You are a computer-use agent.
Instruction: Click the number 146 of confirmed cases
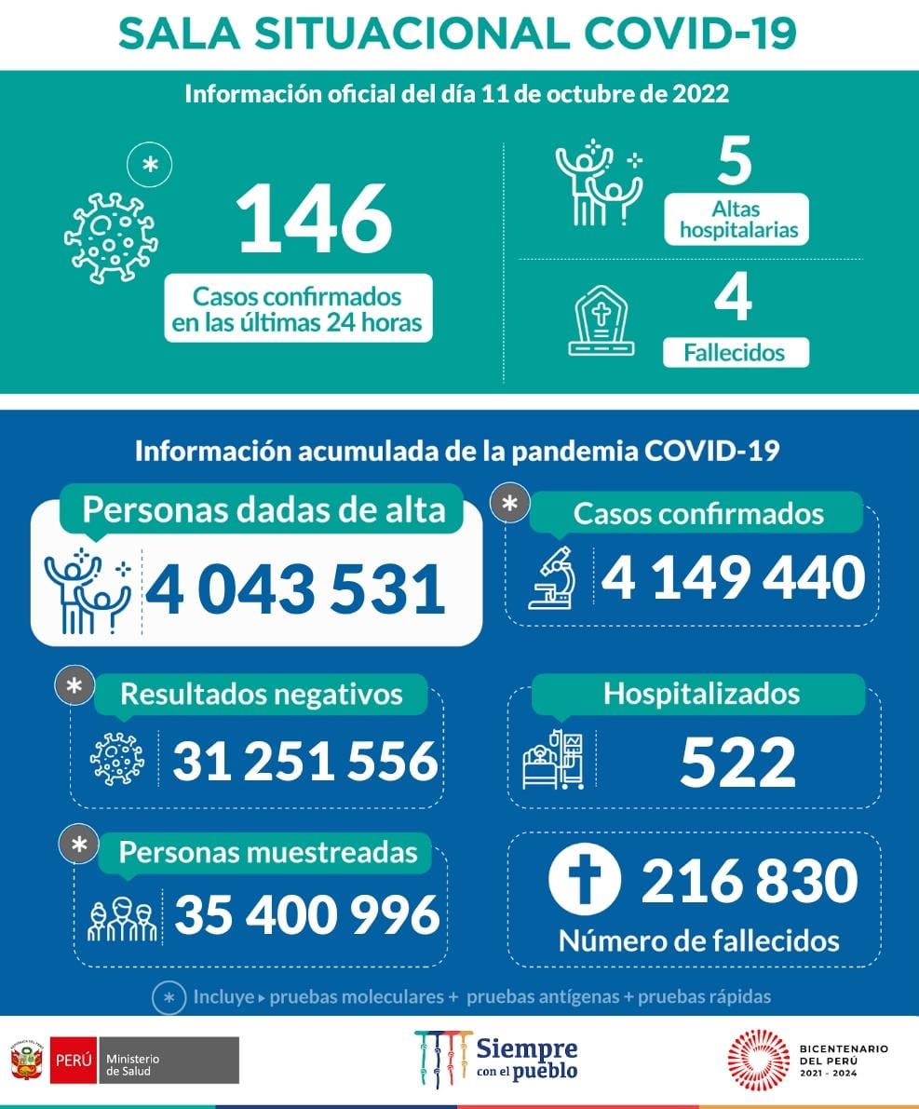[x=314, y=220]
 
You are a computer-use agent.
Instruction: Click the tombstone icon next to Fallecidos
[x=601, y=321]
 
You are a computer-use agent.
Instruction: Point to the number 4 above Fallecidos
[x=734, y=299]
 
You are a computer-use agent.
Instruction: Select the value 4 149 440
[x=733, y=577]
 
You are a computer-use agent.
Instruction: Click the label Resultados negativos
[x=262, y=694]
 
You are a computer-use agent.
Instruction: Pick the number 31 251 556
[x=304, y=761]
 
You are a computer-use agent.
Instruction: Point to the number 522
[x=737, y=763]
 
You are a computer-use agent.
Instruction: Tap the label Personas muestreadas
[x=268, y=852]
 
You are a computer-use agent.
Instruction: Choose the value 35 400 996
[x=306, y=914]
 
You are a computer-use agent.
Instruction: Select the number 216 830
[x=749, y=881]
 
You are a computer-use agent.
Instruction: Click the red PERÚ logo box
[x=74, y=1060]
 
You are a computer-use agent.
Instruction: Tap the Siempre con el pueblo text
[x=526, y=1059]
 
